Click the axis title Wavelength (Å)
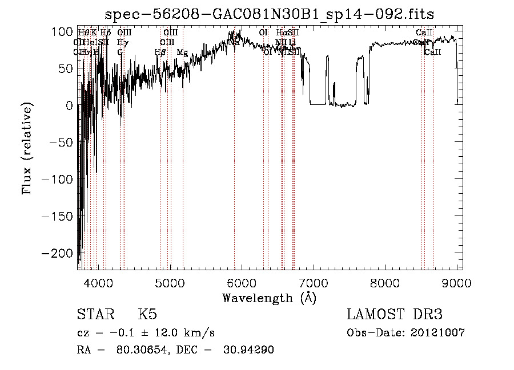coord(269,298)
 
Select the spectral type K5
coord(147,315)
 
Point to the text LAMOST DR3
coord(394,315)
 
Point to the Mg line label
coord(182,52)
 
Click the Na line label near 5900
coord(234,43)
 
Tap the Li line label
coord(292,43)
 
